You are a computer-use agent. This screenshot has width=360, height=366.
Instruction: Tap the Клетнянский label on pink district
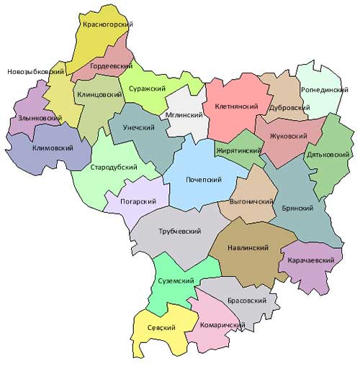pos(238,106)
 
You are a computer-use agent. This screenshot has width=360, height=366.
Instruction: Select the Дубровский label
pos(288,107)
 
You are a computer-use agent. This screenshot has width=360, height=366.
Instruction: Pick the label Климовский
pos(53,148)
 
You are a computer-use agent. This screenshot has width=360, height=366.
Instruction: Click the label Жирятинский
pos(238,151)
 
